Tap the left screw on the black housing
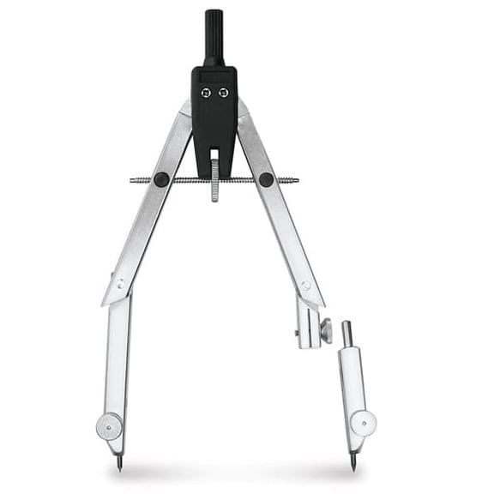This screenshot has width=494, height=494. [205, 93]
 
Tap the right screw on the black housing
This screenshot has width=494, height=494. [223, 93]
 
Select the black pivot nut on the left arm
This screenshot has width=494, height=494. [161, 179]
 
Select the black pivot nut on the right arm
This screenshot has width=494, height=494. [266, 180]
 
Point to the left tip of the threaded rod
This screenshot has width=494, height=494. [132, 180]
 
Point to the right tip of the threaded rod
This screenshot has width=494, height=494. [296, 180]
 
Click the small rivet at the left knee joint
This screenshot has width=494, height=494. [120, 283]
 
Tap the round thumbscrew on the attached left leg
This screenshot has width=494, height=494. [109, 425]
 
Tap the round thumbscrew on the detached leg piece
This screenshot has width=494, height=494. [364, 423]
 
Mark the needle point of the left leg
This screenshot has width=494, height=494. [119, 466]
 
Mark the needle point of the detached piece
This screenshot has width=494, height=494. [352, 466]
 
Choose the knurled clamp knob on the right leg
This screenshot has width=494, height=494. [325, 329]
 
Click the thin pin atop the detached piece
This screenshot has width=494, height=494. [346, 333]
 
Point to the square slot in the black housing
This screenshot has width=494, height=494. [214, 159]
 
